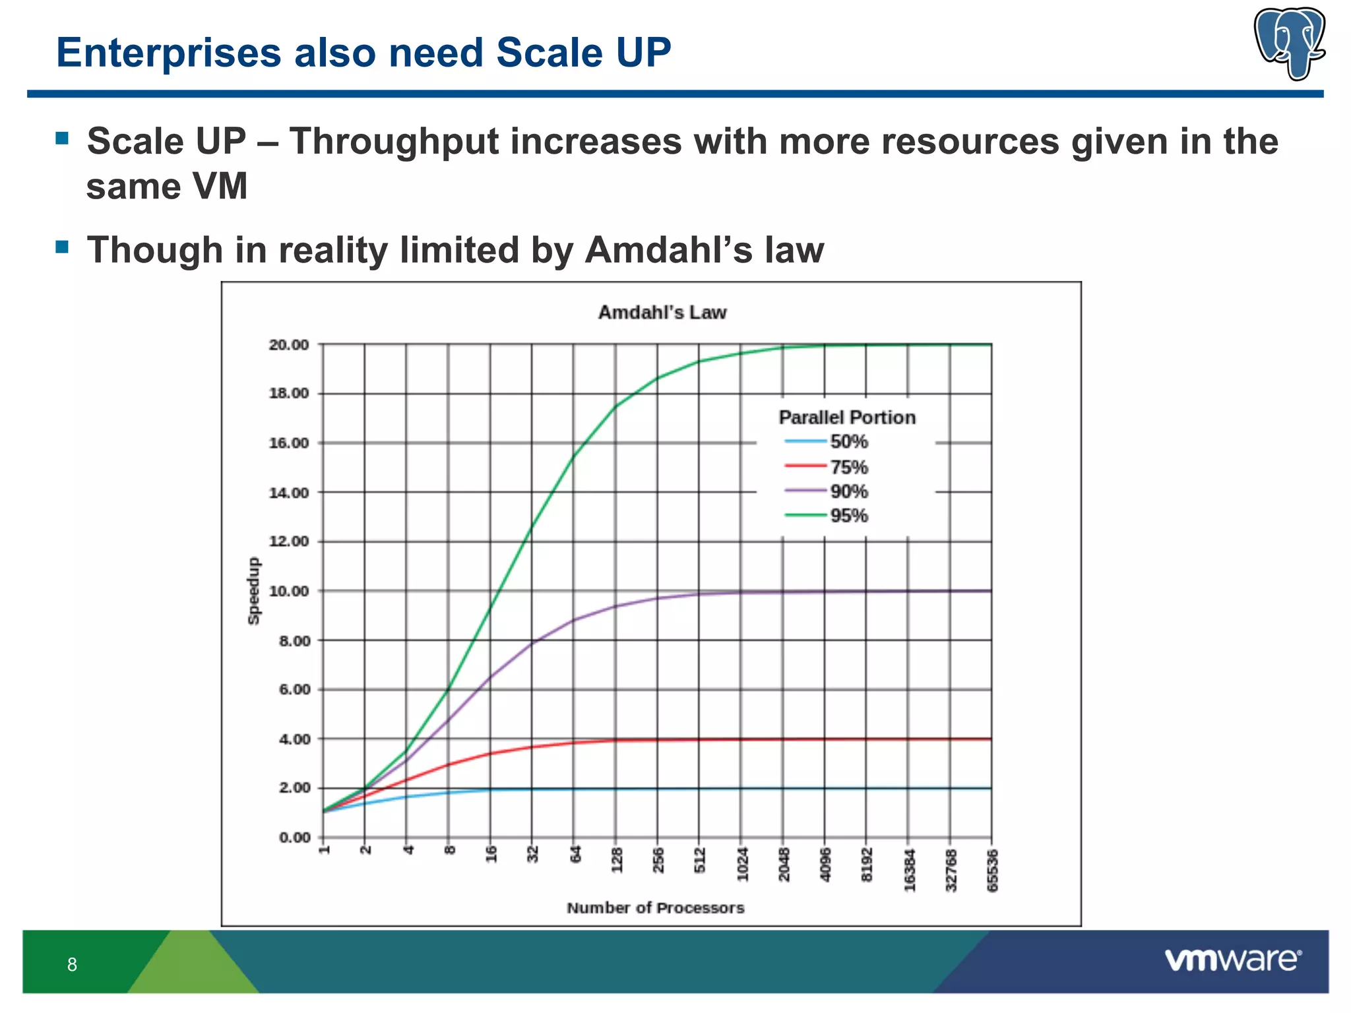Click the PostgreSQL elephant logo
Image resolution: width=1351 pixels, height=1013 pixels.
[1289, 44]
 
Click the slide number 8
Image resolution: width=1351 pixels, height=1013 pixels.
[72, 965]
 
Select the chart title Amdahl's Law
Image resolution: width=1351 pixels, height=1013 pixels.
[662, 313]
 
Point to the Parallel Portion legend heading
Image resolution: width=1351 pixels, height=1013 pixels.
[847, 417]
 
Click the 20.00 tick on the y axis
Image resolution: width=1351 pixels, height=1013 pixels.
[289, 345]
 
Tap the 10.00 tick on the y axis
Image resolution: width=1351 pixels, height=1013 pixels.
[289, 591]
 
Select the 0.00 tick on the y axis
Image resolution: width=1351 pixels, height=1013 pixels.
[294, 838]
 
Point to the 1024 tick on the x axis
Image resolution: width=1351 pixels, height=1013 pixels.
[741, 865]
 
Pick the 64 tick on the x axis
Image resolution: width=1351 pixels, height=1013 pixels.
[575, 855]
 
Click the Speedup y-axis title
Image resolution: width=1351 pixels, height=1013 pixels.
[254, 591]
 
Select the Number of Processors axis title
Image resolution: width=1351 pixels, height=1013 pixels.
[655, 908]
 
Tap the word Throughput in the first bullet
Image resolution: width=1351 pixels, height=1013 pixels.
[393, 142]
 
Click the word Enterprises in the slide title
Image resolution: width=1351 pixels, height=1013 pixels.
[169, 53]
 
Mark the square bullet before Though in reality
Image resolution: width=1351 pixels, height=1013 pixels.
[63, 247]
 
